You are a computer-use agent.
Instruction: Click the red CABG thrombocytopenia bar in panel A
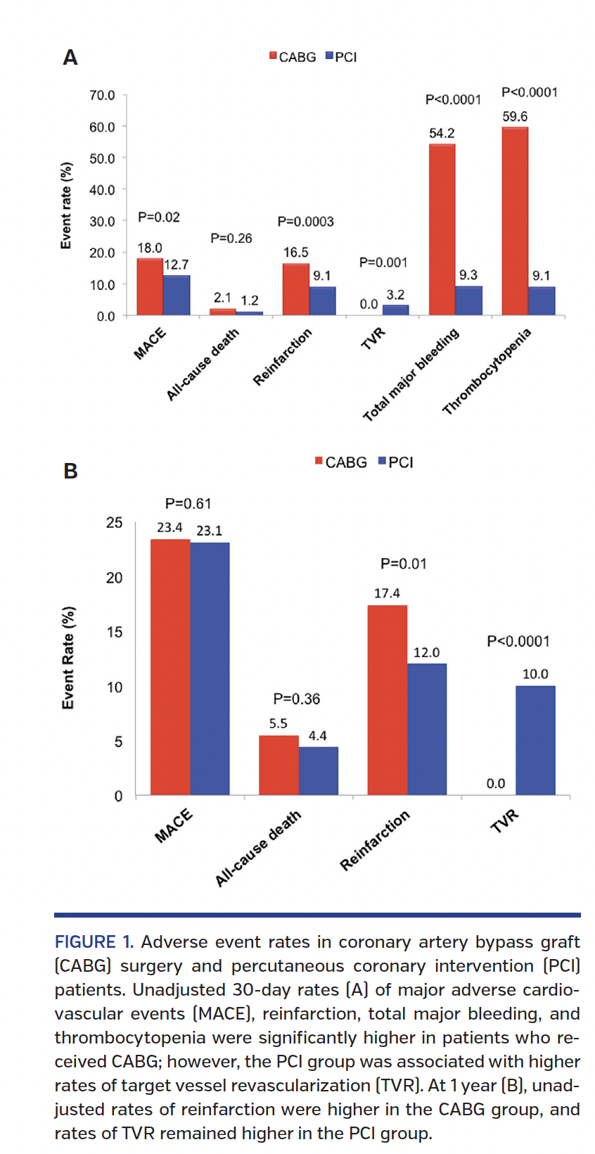click(515, 222)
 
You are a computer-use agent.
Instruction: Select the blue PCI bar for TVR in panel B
click(535, 740)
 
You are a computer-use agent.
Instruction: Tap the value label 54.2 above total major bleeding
click(442, 133)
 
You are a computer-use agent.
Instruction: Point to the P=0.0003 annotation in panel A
click(305, 222)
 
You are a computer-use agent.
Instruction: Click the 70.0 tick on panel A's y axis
click(102, 95)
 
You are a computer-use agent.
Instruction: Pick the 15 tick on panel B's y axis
click(114, 632)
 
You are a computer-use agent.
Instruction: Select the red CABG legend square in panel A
click(273, 56)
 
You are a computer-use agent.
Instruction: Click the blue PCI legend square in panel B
click(382, 461)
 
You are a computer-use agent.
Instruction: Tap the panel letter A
click(70, 58)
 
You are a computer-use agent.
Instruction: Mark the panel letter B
click(70, 471)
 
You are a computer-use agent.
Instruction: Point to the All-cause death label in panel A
click(203, 364)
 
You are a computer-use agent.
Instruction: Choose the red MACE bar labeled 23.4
click(170, 667)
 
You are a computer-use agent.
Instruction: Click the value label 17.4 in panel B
click(387, 593)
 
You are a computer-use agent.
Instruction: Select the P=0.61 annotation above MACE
click(188, 503)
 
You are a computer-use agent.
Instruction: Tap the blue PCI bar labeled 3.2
click(395, 310)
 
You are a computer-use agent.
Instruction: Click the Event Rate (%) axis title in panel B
click(68, 658)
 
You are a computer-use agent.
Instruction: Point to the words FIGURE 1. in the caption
click(94, 941)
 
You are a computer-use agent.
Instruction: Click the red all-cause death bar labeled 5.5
click(279, 765)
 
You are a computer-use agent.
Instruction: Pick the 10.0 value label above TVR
click(535, 673)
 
